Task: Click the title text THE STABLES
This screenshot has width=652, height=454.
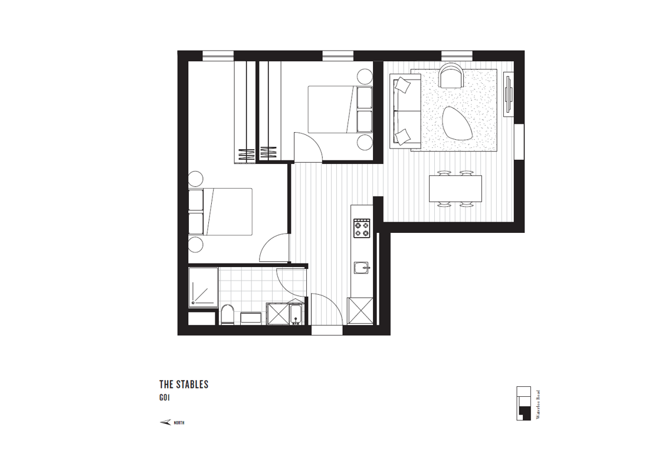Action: click(184, 384)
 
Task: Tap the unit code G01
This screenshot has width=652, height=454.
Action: click(165, 397)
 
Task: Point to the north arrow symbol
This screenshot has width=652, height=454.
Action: click(165, 422)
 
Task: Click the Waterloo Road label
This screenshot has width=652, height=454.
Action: click(538, 404)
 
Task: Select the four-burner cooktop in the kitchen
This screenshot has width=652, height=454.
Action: click(361, 228)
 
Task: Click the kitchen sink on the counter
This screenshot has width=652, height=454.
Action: click(362, 268)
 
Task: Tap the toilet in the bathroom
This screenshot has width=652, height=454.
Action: click(227, 314)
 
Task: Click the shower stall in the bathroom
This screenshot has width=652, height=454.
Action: click(203, 288)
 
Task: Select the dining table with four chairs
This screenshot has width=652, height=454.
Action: click(456, 189)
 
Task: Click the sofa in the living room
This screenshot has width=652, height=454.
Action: click(405, 110)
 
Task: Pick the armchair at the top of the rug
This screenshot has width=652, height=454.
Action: click(451, 75)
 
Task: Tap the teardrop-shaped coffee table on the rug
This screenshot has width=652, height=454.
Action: click(457, 123)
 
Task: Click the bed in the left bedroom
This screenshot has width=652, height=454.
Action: click(221, 212)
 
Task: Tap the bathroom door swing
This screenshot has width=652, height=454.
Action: click(291, 282)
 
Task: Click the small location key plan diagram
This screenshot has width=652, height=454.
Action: click(523, 403)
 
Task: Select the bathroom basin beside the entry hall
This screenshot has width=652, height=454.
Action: click(296, 314)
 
